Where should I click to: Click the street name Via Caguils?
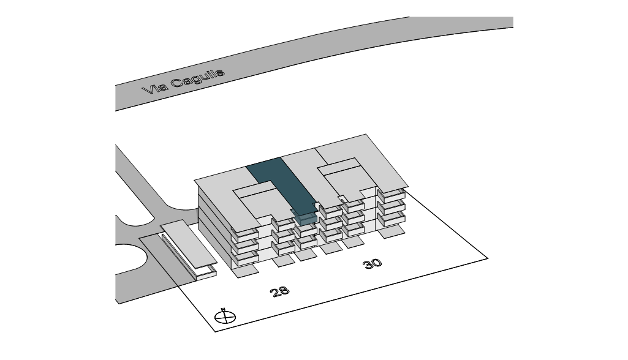[183, 81]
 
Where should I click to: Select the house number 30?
[372, 263]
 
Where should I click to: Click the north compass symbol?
[225, 317]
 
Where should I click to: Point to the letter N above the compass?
[224, 309]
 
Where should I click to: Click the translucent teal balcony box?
[305, 216]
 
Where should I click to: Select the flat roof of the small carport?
[187, 246]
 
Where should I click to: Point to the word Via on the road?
[154, 89]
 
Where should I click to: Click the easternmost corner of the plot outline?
[488, 258]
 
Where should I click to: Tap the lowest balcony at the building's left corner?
[244, 258]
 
